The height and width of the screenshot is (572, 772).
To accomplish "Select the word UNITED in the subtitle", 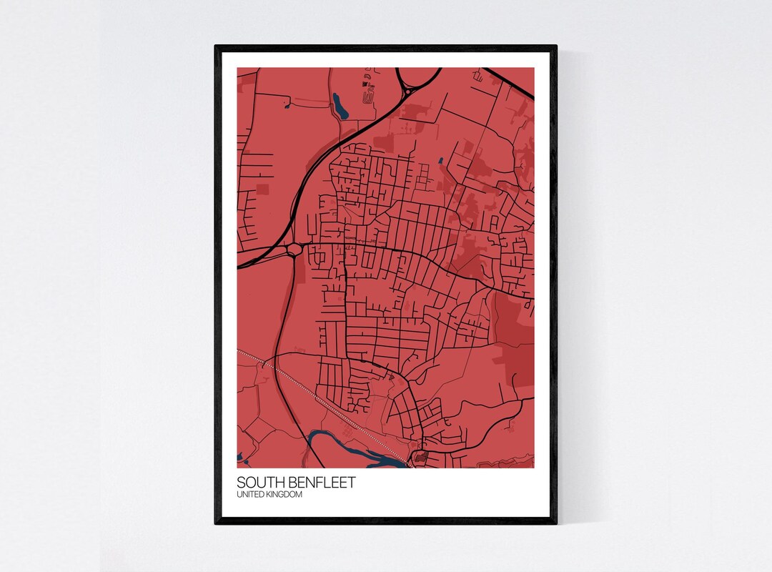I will (250, 495).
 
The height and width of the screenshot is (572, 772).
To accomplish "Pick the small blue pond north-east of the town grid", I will (440, 160).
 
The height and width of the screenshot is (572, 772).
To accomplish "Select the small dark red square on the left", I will (262, 189).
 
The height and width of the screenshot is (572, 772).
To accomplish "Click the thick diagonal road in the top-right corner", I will (509, 83).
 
